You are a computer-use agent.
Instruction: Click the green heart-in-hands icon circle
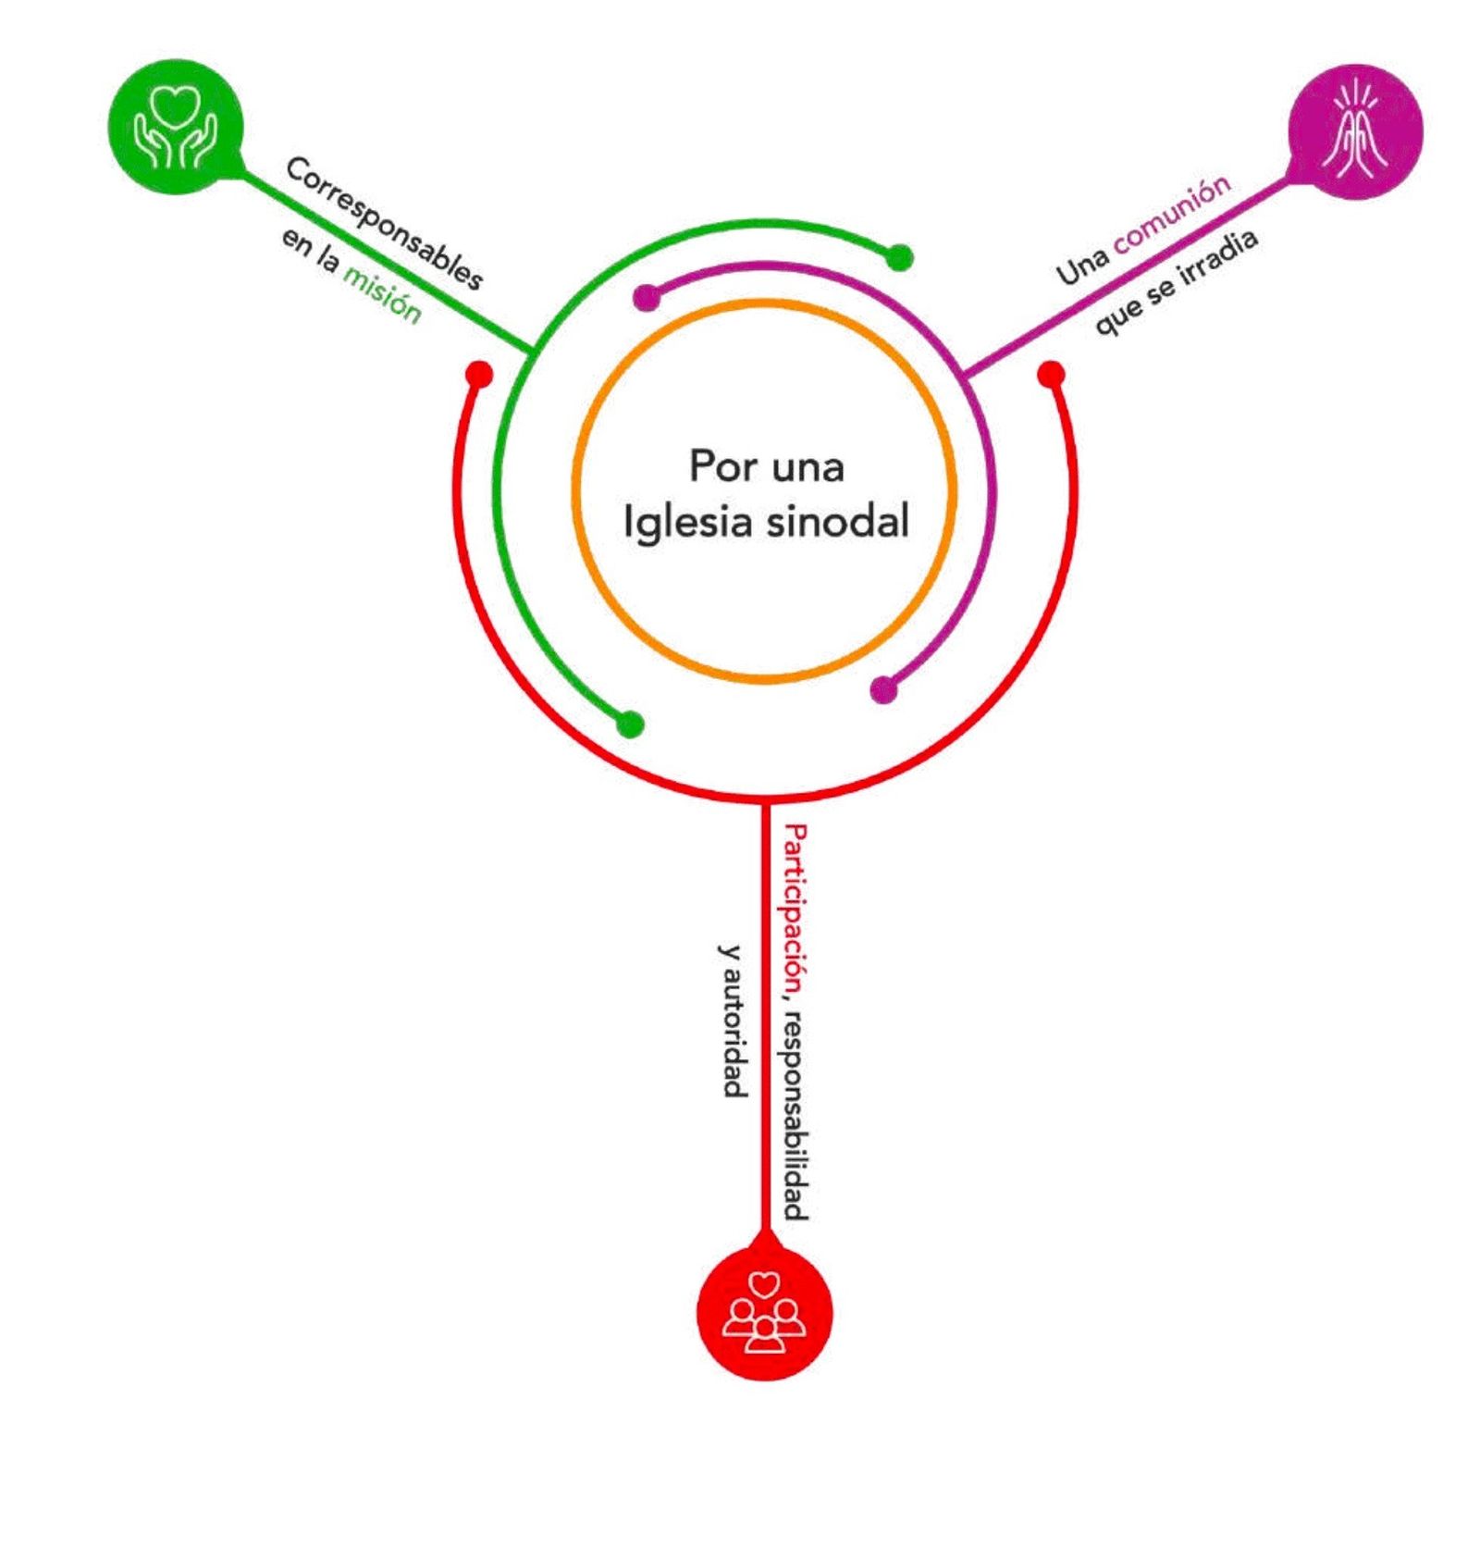(x=176, y=127)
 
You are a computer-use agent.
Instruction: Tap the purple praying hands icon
(x=1354, y=130)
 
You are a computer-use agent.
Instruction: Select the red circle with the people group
(x=764, y=1313)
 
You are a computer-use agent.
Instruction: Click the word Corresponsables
(x=384, y=222)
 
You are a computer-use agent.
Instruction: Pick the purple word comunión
(x=1172, y=214)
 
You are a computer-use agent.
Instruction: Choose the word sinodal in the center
(x=837, y=521)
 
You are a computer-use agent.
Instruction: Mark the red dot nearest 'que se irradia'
(x=1051, y=375)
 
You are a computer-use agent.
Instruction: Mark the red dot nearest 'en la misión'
(x=479, y=374)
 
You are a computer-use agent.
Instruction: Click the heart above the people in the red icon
(x=764, y=1283)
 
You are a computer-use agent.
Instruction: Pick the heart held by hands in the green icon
(x=176, y=104)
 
